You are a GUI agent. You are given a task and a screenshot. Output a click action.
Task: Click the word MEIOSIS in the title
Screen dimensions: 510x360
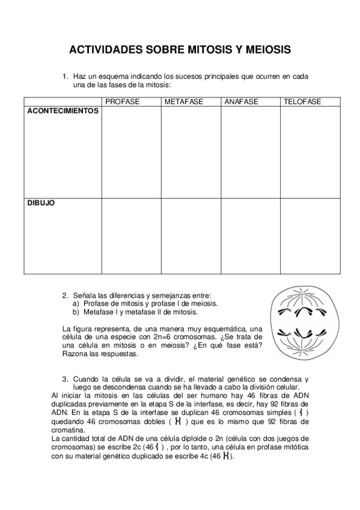click(264, 49)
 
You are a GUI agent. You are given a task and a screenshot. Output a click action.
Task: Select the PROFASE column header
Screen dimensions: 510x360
click(122, 102)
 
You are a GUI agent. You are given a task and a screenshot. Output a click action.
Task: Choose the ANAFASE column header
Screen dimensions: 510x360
click(241, 102)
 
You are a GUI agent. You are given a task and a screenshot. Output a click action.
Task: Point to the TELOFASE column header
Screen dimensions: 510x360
click(302, 102)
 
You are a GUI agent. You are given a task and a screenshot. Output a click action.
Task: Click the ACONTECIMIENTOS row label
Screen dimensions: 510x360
click(63, 111)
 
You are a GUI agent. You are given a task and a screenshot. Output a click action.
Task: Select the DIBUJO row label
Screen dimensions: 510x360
click(41, 203)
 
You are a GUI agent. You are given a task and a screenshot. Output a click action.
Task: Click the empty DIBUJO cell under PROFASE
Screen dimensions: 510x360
click(131, 236)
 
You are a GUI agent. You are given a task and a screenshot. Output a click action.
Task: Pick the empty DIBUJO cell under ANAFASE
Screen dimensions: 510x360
click(250, 236)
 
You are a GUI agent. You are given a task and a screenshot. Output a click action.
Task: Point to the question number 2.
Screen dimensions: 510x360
click(65, 295)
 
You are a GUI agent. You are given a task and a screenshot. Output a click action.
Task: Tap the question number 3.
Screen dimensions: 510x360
click(65, 379)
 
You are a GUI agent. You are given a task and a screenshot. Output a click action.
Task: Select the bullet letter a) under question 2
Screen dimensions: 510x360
click(76, 304)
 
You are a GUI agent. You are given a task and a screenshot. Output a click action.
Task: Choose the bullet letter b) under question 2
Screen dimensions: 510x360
click(76, 312)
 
